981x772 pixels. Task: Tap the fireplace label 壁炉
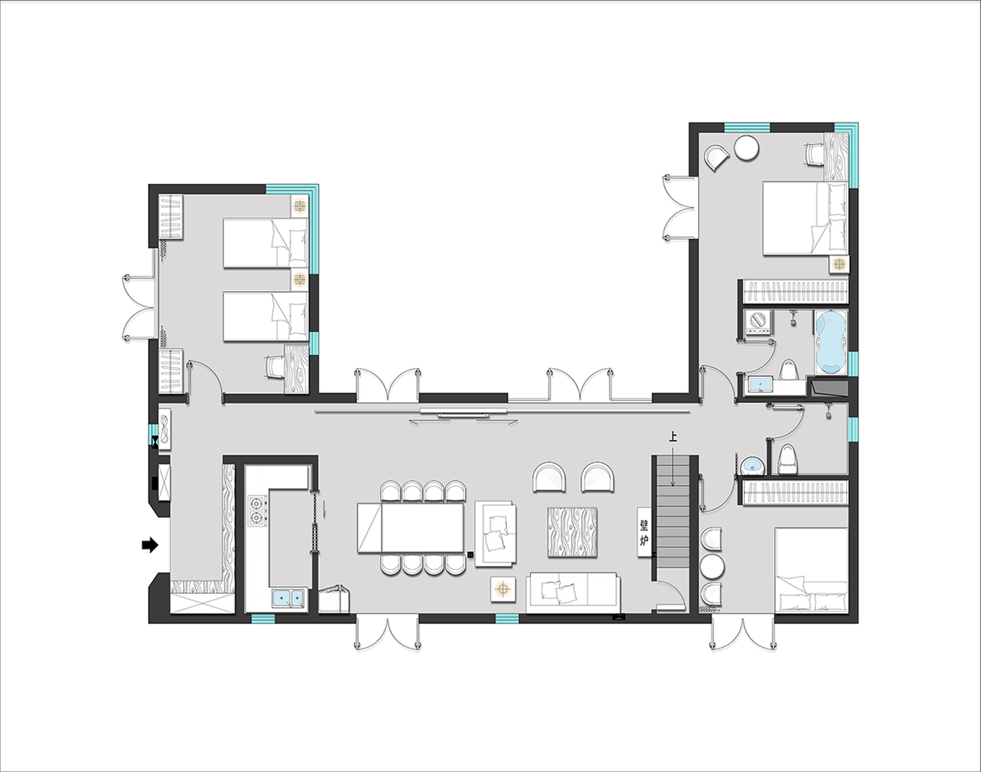(644, 532)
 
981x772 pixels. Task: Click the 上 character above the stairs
(672, 437)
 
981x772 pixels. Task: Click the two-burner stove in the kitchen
(257, 511)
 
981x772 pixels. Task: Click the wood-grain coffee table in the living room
(572, 532)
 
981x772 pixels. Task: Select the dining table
(411, 528)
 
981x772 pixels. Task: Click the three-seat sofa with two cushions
(573, 593)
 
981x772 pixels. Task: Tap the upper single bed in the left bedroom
(265, 243)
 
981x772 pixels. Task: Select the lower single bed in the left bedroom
(265, 317)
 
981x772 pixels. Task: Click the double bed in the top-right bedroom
(805, 219)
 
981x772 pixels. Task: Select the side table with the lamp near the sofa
(503, 589)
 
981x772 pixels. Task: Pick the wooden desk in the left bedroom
(297, 368)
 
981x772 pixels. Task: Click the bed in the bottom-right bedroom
(811, 570)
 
